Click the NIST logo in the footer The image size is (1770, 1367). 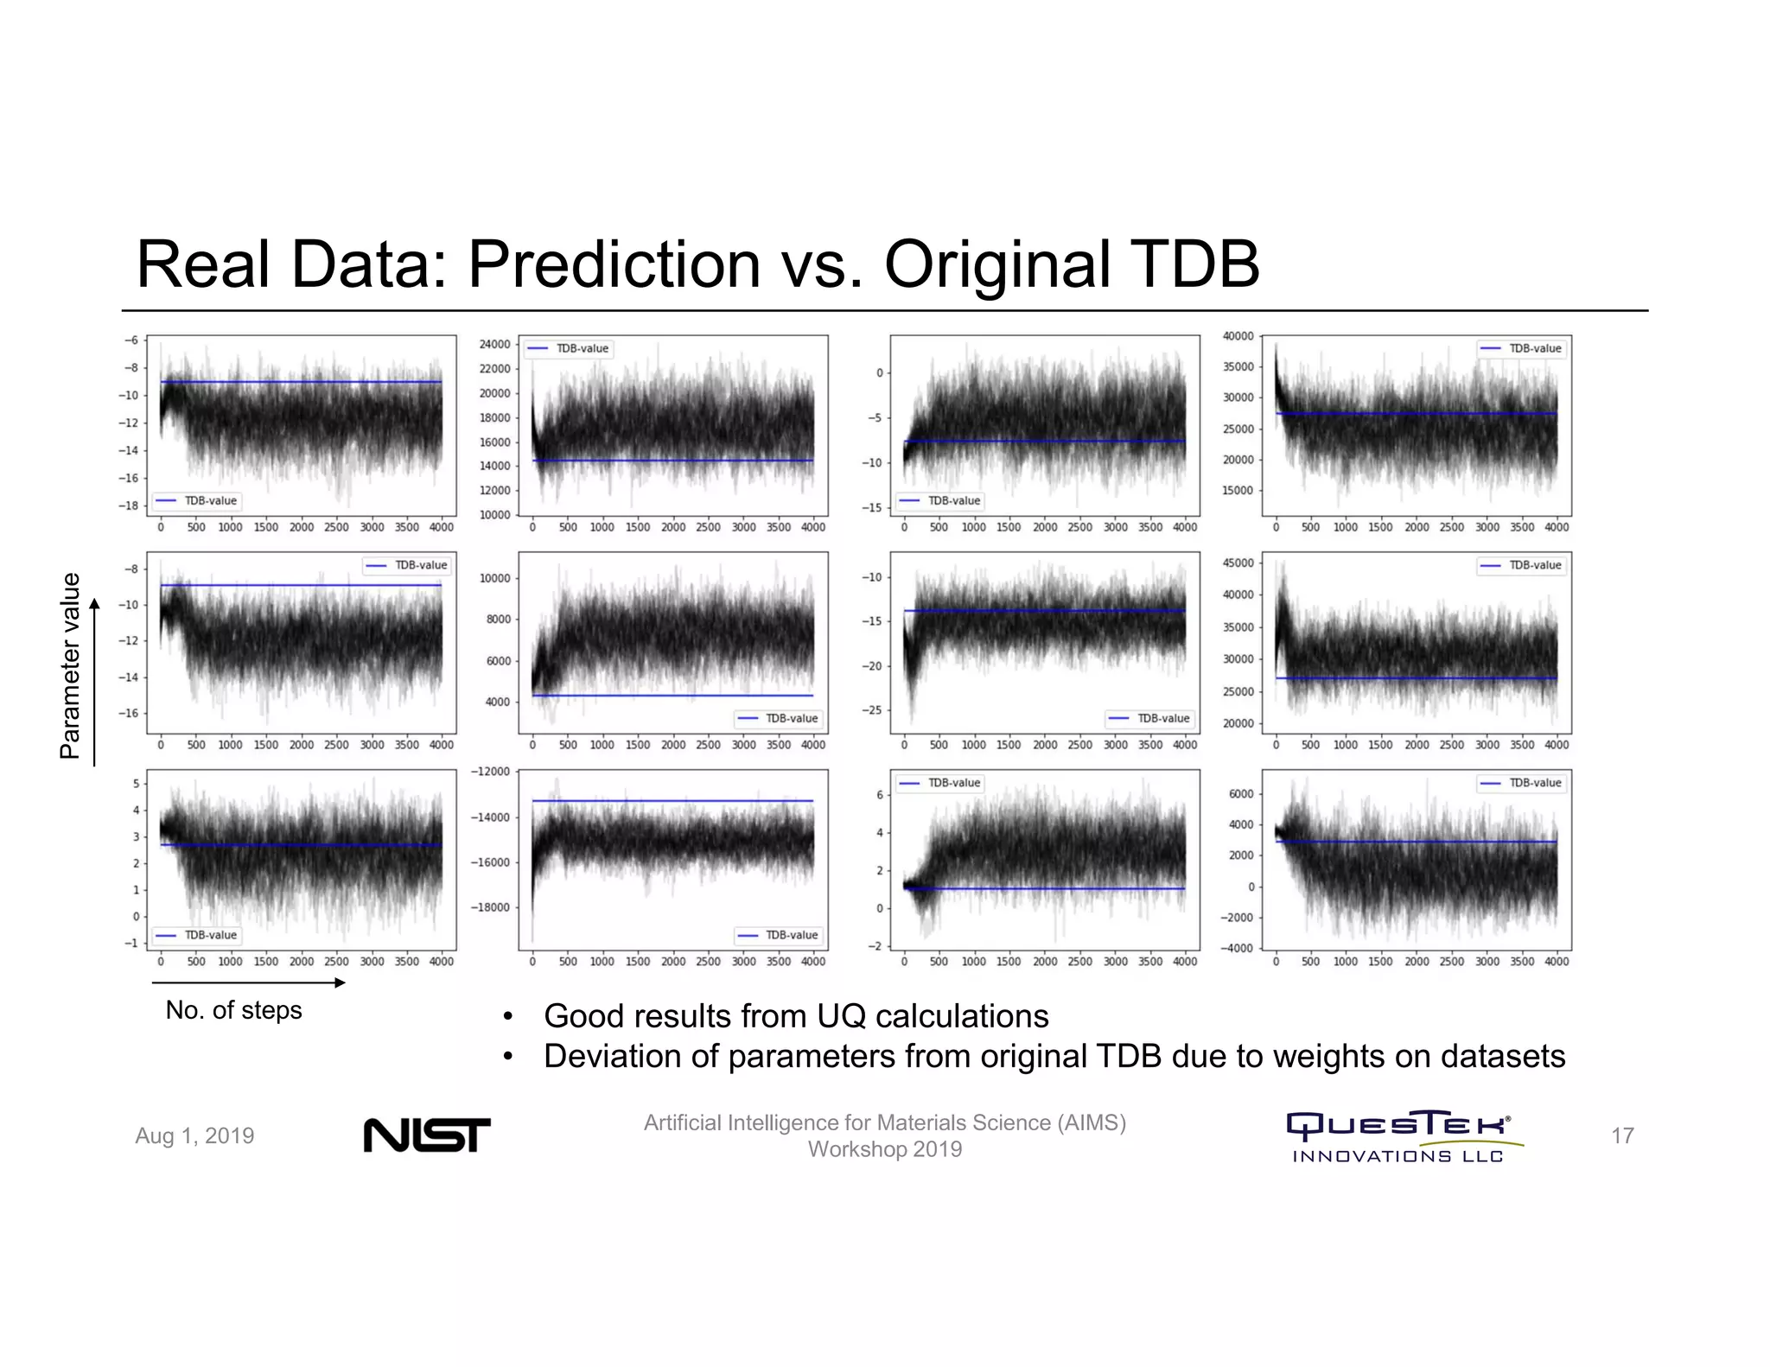click(x=426, y=1135)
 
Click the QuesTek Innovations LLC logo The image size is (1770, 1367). click(x=1398, y=1136)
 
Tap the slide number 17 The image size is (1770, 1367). click(x=1622, y=1135)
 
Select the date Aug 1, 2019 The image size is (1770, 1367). click(x=194, y=1135)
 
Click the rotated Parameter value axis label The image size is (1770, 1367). click(x=69, y=665)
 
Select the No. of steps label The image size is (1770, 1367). click(x=233, y=1010)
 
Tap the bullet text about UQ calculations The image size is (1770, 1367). click(x=795, y=1016)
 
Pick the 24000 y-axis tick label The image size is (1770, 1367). click(x=494, y=344)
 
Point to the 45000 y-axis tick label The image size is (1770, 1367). click(x=1238, y=563)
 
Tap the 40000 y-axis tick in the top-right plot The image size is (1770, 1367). click(x=1238, y=336)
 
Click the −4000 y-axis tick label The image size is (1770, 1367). click(x=1235, y=948)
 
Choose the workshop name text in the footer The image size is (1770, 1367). click(x=884, y=1135)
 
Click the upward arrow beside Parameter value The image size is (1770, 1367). click(x=94, y=683)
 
